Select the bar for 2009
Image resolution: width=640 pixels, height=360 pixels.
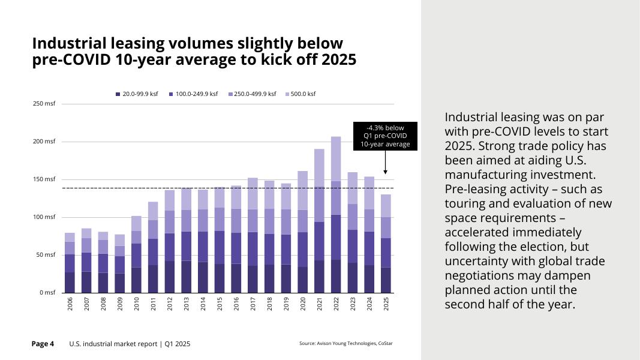[x=120, y=264]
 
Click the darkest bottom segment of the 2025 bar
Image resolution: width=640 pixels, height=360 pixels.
[x=386, y=280]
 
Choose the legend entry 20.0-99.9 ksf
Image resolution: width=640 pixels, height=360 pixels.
[x=137, y=94]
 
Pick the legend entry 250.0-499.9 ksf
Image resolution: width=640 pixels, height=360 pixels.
[x=252, y=94]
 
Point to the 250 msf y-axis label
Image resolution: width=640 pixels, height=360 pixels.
[x=44, y=104]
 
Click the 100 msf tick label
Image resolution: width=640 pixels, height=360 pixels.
[x=44, y=217]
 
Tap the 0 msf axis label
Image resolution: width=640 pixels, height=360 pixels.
[x=46, y=293]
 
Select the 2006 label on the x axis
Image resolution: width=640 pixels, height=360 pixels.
[x=70, y=304]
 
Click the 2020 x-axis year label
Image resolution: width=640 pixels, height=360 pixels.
[x=303, y=304]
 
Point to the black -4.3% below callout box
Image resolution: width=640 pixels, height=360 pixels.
[x=385, y=136]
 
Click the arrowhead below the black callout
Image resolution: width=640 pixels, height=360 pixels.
[x=385, y=172]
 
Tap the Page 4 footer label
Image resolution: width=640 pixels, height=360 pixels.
[x=43, y=344]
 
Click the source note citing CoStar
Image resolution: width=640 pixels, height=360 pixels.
[x=346, y=344]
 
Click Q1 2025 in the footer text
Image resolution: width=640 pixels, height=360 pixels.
[x=178, y=344]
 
